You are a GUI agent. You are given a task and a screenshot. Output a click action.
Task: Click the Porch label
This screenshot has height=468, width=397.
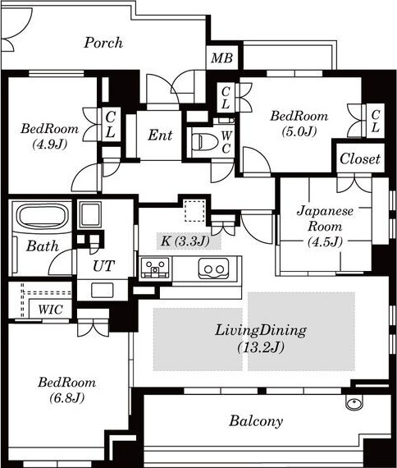pos(103,43)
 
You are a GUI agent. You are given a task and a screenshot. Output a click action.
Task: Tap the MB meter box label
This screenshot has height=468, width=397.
pos(221,58)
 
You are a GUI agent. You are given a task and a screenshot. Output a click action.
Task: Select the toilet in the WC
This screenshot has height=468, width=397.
pos(203,141)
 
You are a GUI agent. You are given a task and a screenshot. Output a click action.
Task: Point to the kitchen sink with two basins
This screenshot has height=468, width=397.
pos(213,268)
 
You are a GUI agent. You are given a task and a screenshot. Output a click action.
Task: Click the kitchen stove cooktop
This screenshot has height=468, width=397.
pos(155,268)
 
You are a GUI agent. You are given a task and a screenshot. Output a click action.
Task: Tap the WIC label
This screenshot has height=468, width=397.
pos(50,310)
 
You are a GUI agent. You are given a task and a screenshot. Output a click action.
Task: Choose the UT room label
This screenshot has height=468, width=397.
pos(104,266)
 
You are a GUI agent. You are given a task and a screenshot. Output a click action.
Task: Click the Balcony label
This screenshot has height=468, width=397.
pos(256,421)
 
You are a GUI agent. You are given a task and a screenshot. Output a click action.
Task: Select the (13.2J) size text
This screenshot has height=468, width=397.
pos(261,347)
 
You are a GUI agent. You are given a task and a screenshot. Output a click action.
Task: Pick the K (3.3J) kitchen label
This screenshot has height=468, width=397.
pos(185,241)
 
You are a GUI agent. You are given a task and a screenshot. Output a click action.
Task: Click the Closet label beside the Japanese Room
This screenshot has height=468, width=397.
pos(360,158)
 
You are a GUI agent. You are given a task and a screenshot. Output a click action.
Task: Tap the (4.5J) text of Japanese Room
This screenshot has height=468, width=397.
pos(325,241)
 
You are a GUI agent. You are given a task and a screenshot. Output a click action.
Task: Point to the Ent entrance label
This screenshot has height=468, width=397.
pos(160,135)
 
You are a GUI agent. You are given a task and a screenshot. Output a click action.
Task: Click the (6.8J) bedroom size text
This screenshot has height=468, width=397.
pos(66,397)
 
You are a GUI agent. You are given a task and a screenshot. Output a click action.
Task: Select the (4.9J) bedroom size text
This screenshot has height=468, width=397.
pos(49,145)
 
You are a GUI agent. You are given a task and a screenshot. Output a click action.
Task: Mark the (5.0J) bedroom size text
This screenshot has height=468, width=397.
pos(299,131)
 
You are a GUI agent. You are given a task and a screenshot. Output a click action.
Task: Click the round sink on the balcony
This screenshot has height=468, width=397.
pos(354,403)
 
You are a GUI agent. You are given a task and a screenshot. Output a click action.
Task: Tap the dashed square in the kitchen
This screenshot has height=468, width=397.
pos(194,211)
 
